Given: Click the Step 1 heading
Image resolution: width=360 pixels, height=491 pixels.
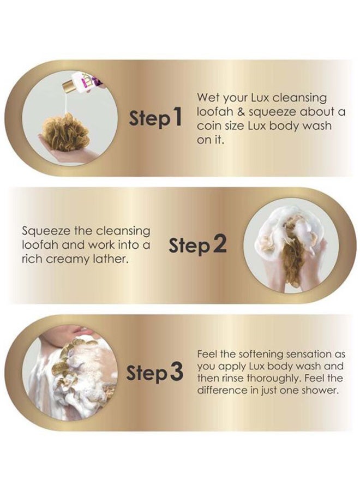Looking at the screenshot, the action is click(155, 118).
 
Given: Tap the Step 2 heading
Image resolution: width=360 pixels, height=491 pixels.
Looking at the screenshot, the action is click(197, 245).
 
